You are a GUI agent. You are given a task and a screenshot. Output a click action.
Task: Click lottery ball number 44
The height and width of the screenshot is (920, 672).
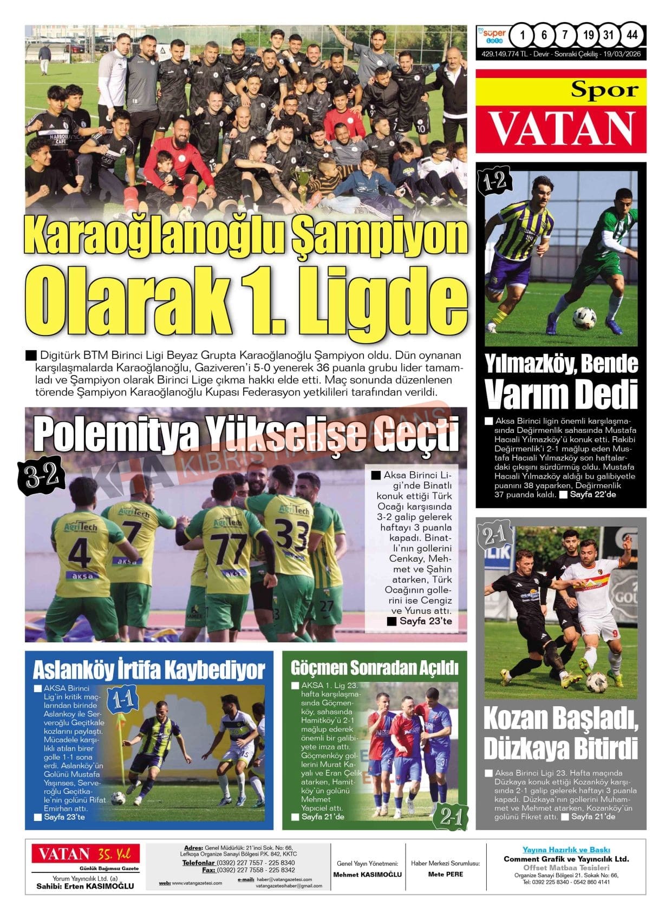(x=631, y=36)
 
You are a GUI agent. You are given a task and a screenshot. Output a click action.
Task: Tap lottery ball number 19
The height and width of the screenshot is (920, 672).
(x=588, y=36)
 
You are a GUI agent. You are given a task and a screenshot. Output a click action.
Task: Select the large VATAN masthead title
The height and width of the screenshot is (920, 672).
(x=561, y=129)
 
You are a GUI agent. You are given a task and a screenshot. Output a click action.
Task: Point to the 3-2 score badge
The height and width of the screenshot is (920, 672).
(x=42, y=475)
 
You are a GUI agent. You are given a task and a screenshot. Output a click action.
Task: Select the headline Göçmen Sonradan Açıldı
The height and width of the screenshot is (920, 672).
(x=374, y=668)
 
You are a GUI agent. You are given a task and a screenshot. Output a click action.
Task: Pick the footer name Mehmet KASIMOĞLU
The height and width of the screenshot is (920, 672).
(x=367, y=874)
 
